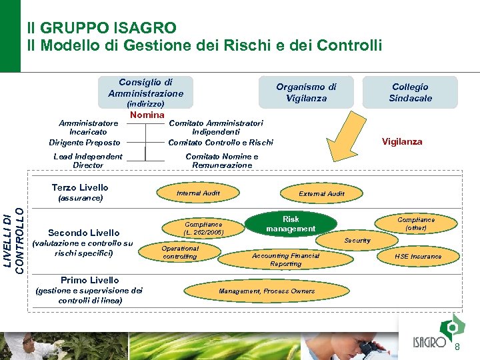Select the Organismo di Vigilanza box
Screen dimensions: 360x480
click(306, 92)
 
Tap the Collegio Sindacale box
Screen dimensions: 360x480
click(410, 92)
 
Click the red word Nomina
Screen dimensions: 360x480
click(147, 115)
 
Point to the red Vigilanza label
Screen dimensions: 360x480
click(401, 141)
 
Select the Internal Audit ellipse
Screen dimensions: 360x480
click(198, 193)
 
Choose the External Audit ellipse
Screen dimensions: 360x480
click(321, 193)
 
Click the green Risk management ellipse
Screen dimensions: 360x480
click(291, 224)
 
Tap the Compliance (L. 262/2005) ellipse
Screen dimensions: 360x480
click(203, 228)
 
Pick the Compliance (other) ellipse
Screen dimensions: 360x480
click(416, 223)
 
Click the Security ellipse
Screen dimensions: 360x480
click(357, 240)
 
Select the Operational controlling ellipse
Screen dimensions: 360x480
click(180, 252)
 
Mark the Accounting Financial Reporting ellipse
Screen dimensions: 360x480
click(285, 259)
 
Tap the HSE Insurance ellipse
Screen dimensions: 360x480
click(418, 256)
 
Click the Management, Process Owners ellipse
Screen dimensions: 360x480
click(266, 291)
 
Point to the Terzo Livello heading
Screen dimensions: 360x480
click(80, 187)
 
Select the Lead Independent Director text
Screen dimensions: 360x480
click(88, 161)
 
